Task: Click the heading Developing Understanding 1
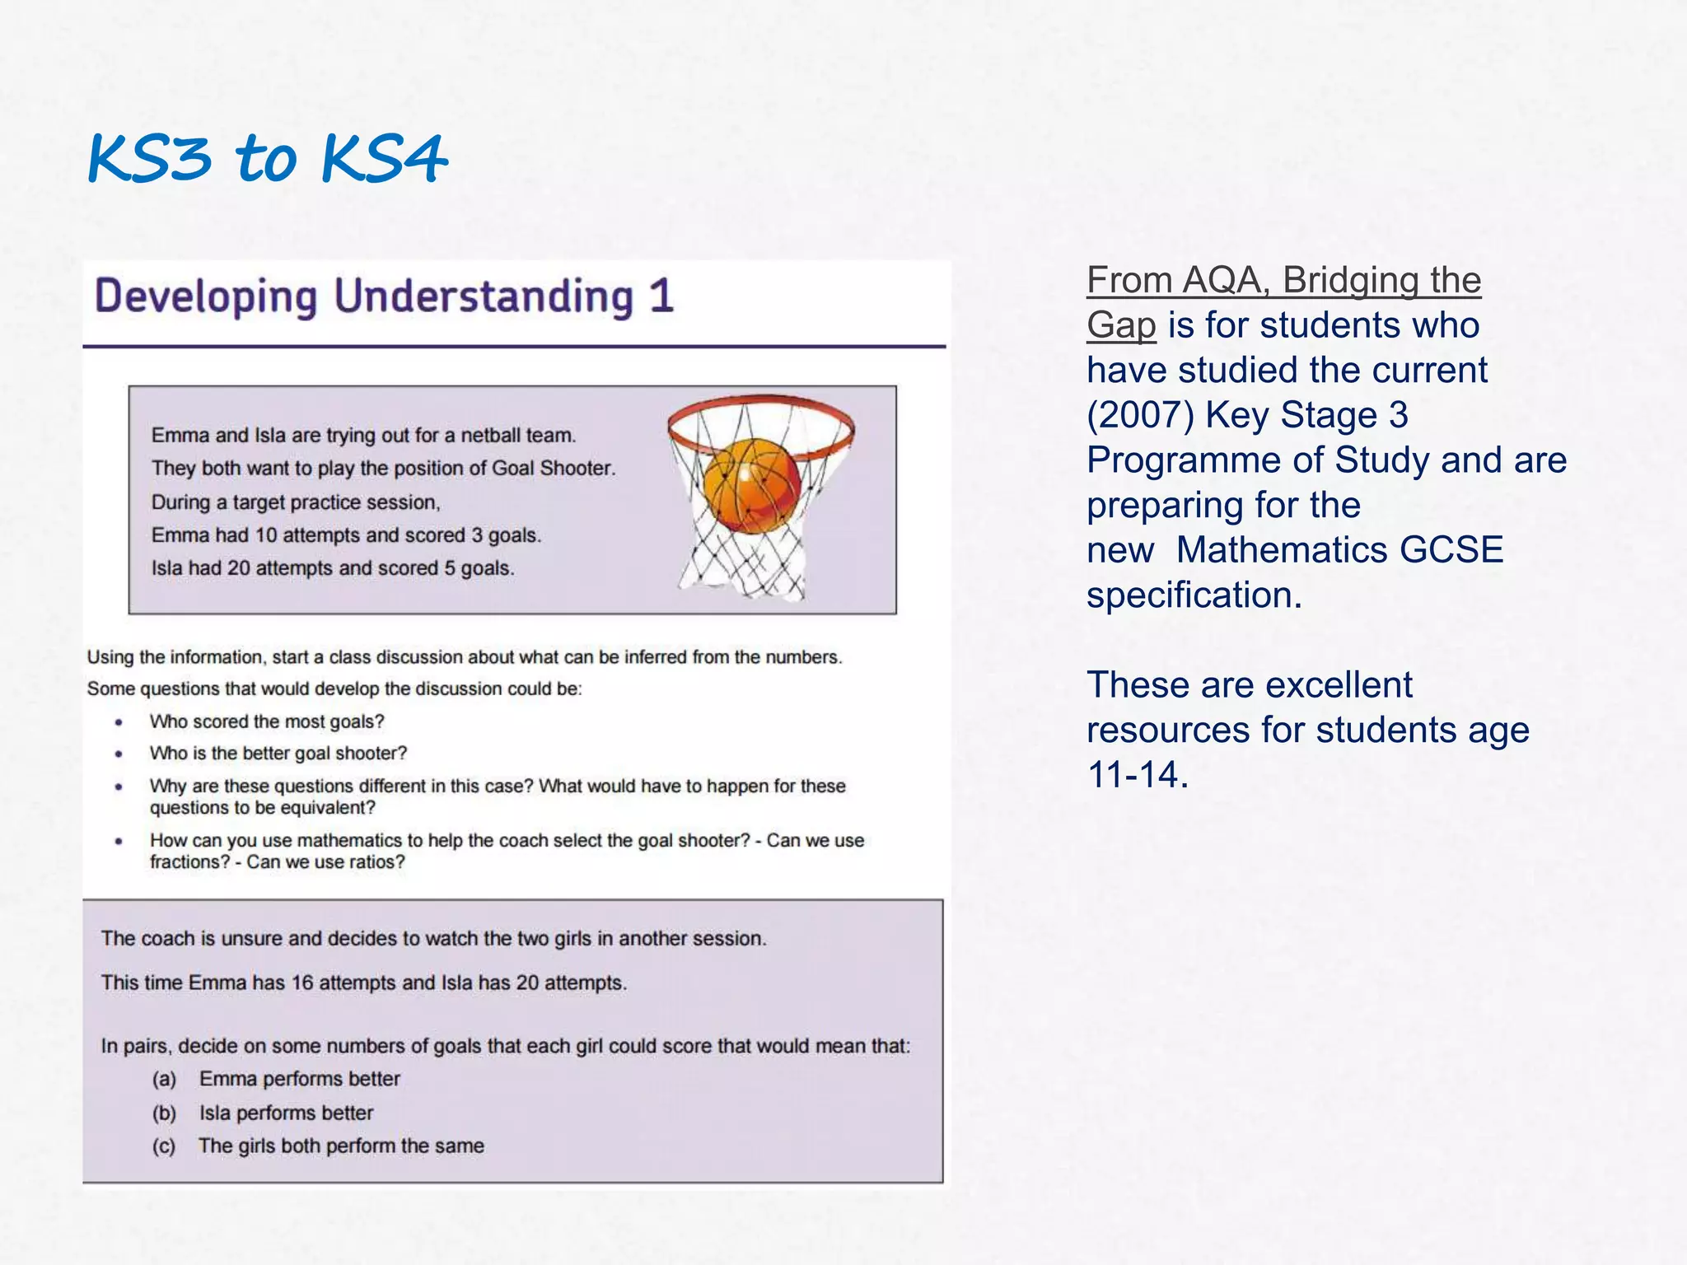pos(384,297)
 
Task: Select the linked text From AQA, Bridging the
pos(1283,281)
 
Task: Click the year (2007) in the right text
pos(1139,415)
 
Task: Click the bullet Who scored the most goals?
pos(267,722)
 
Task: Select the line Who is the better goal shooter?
pos(278,754)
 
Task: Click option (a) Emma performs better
pos(299,1079)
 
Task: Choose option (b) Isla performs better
pos(286,1113)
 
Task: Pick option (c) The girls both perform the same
pos(341,1146)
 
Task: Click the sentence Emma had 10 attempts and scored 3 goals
pos(346,535)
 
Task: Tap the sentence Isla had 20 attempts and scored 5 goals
pos(333,568)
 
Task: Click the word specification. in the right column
pos(1194,595)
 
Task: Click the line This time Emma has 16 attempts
pos(363,983)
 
